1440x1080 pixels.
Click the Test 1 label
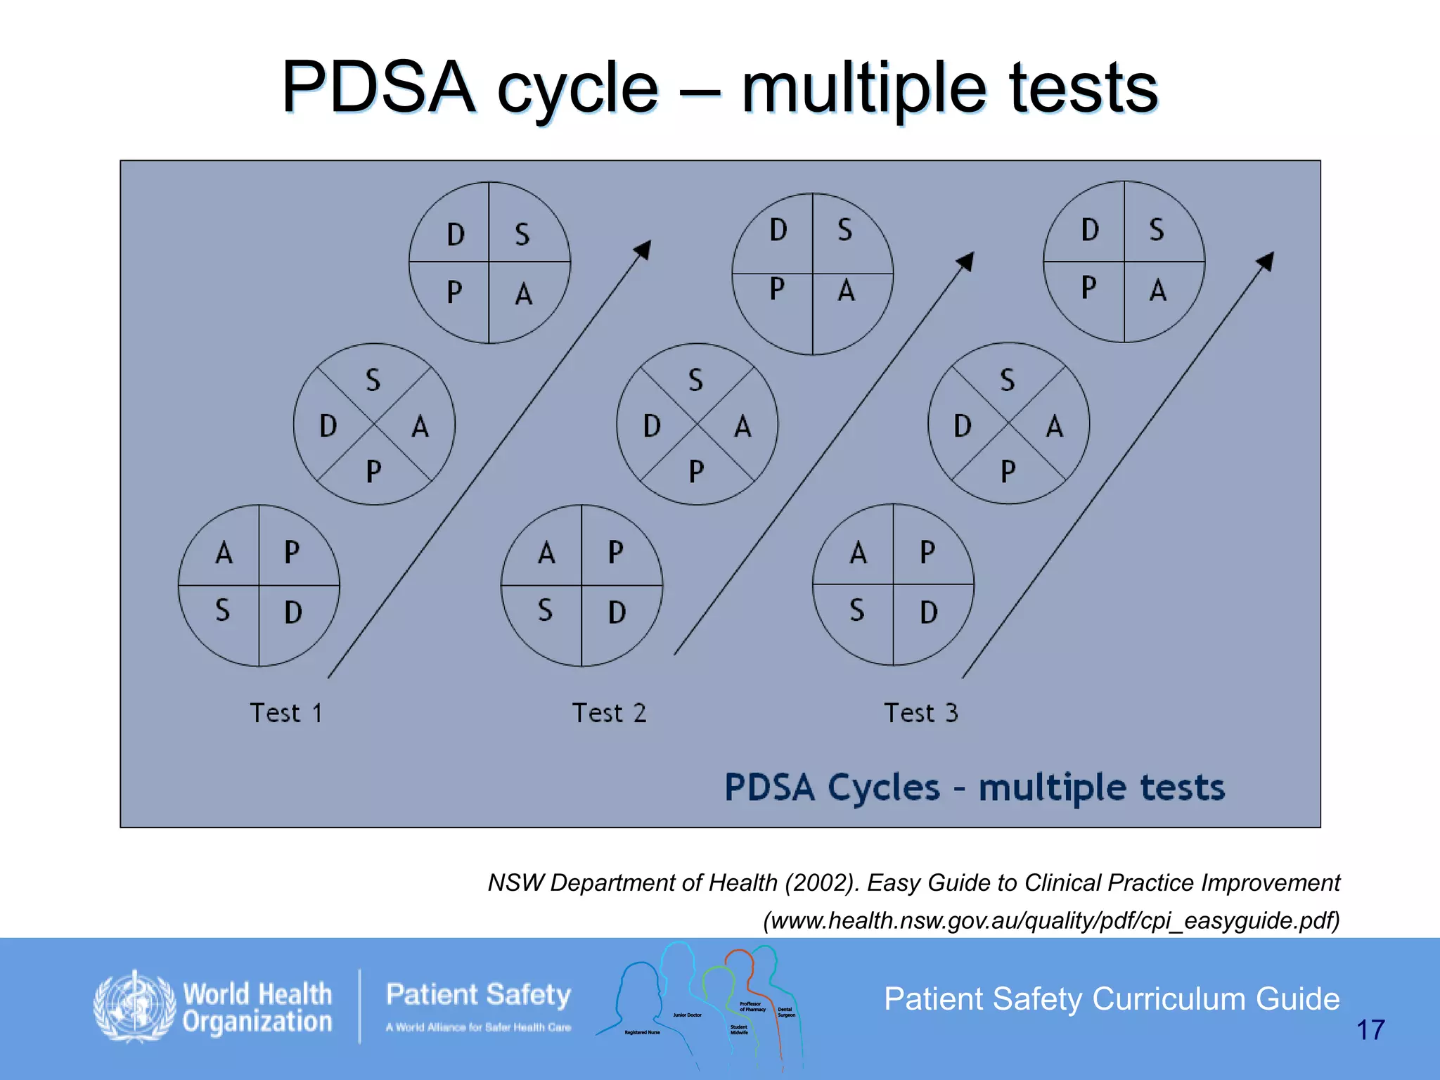pyautogui.click(x=286, y=713)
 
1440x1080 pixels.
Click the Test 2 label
pyautogui.click(x=609, y=713)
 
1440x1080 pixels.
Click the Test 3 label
pyautogui.click(x=920, y=713)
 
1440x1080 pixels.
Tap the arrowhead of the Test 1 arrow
pyautogui.click(x=643, y=249)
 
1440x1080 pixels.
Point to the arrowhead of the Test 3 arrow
pyautogui.click(x=1266, y=261)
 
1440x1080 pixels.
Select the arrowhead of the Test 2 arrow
pyautogui.click(x=966, y=261)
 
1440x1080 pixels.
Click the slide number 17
pyautogui.click(x=1370, y=1030)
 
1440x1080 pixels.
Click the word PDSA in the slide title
pyautogui.click(x=378, y=88)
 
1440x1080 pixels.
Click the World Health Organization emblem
pyautogui.click(x=134, y=1006)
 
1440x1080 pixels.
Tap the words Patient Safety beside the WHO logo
pyautogui.click(x=478, y=994)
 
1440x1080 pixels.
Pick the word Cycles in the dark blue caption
pyautogui.click(x=883, y=787)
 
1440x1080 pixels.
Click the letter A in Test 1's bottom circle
pyautogui.click(x=224, y=553)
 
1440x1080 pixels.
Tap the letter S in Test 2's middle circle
pyautogui.click(x=695, y=380)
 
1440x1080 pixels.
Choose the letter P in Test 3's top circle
pyautogui.click(x=1088, y=288)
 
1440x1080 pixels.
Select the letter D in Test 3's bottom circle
pyautogui.click(x=928, y=612)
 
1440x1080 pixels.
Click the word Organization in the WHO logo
pyautogui.click(x=257, y=1022)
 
